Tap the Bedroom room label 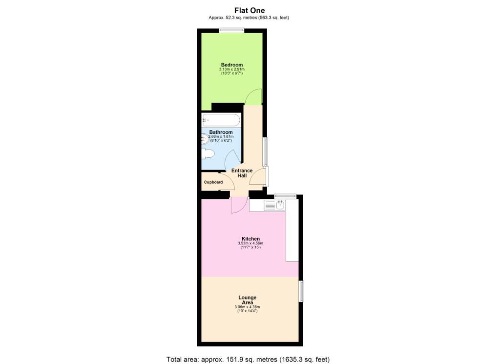[232, 65]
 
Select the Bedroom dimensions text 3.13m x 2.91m [232, 70]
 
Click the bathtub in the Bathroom [221, 120]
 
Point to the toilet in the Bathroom [208, 154]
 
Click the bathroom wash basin [205, 139]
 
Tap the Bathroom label [221, 132]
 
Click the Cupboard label [213, 182]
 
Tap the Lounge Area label [247, 300]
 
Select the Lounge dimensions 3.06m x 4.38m [247, 307]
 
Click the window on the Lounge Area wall [301, 291]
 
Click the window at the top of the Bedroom [231, 31]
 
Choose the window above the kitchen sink [285, 196]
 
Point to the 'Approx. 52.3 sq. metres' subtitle [251, 18]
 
